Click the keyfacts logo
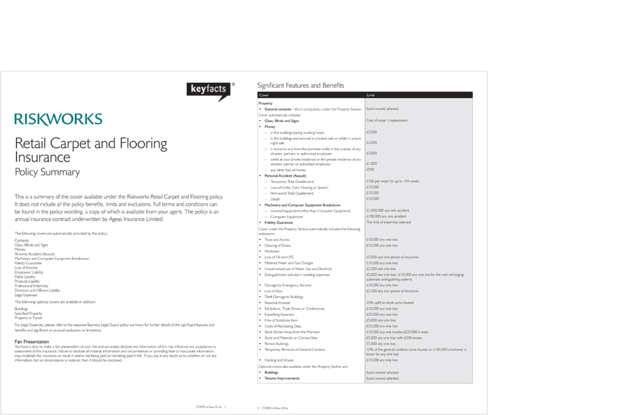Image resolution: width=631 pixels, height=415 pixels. point(208,91)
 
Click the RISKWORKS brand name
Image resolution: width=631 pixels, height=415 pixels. point(58,119)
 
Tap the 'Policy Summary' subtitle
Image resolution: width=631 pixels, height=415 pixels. point(47,172)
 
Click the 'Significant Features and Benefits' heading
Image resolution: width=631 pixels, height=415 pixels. point(301,85)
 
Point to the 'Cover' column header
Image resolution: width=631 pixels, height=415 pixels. point(264,95)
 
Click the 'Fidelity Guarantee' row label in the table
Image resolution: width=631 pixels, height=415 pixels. point(279,222)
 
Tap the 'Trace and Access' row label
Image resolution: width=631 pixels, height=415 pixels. point(277,239)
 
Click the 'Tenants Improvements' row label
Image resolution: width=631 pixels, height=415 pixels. point(283,378)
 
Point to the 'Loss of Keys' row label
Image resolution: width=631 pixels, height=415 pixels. point(275,291)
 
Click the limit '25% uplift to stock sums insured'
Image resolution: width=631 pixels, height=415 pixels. point(390,303)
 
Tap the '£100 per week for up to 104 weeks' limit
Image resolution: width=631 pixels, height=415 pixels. point(393,181)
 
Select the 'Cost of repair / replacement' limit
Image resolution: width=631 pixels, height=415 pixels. point(387,120)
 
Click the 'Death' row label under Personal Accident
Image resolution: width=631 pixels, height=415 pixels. point(275,199)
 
